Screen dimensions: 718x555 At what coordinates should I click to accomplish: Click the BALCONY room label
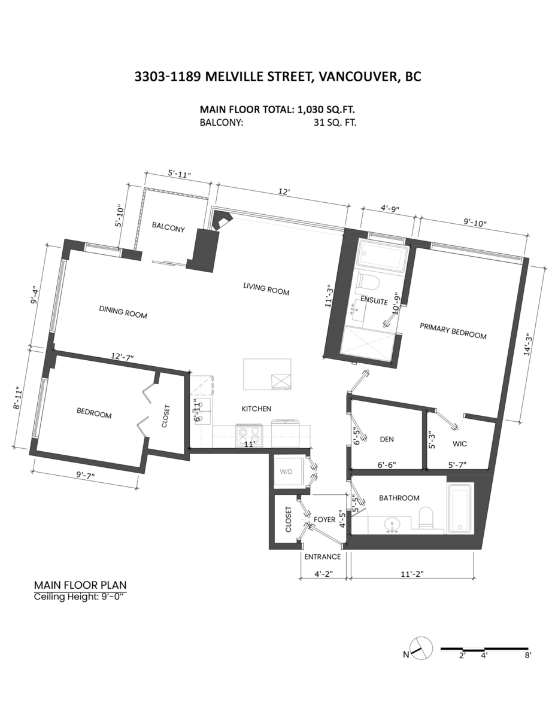[x=168, y=228]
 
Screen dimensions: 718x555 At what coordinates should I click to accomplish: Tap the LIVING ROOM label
[x=266, y=288]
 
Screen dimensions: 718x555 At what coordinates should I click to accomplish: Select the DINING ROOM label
[x=123, y=312]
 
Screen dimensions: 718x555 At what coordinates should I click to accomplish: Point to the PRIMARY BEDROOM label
[x=453, y=331]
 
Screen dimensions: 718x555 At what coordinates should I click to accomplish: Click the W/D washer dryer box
[x=287, y=471]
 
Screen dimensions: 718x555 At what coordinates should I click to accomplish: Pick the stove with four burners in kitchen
[x=250, y=433]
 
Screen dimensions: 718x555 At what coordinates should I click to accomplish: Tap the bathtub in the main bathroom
[x=460, y=508]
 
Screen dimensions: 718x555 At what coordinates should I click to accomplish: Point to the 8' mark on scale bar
[x=527, y=655]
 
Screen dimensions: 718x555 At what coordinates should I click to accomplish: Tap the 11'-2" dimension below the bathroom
[x=414, y=573]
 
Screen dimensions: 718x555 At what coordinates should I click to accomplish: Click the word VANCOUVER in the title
[x=356, y=77]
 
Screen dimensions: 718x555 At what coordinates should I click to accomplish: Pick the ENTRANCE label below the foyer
[x=322, y=556]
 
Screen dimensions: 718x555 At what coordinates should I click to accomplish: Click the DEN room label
[x=387, y=439]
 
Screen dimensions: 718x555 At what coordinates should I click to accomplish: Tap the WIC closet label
[x=460, y=445]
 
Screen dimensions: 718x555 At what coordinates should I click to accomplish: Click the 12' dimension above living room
[x=284, y=192]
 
